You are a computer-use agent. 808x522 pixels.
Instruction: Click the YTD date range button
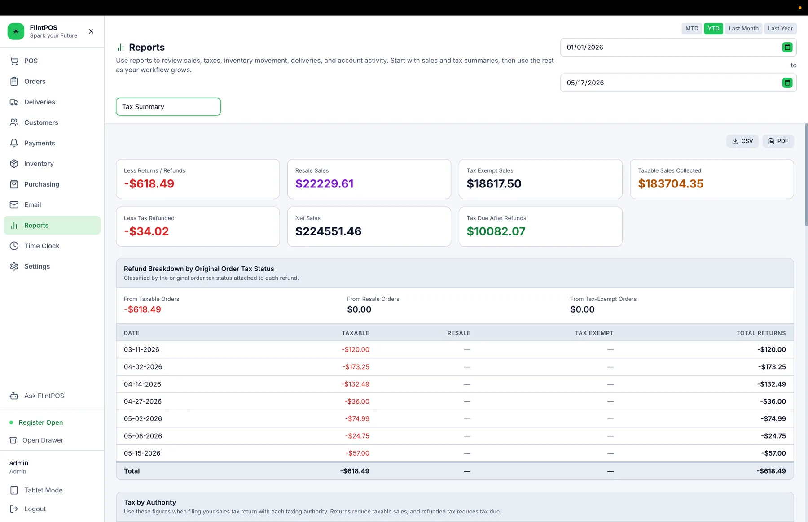coord(713,28)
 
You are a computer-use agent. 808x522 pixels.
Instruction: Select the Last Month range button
coord(743,28)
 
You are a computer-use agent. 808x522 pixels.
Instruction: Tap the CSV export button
coord(742,141)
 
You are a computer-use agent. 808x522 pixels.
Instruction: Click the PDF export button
coord(778,141)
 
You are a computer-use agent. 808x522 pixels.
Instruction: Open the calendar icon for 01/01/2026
coord(787,47)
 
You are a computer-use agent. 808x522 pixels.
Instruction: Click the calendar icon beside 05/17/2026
coord(787,83)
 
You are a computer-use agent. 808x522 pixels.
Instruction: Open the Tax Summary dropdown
coord(168,107)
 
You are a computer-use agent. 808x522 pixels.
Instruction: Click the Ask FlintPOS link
coord(44,396)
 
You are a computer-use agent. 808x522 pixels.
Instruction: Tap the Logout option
coord(35,509)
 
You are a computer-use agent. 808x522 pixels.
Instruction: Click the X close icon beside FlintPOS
coord(91,31)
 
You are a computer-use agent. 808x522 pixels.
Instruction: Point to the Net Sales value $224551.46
coord(328,231)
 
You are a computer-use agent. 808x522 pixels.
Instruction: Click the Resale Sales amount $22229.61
coord(324,184)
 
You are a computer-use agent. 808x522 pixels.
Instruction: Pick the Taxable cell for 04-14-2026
coord(355,384)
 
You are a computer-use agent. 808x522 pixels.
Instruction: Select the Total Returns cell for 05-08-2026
coord(773,436)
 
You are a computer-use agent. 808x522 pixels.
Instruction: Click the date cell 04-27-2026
coord(143,401)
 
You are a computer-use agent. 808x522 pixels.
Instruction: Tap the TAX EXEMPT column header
coord(594,333)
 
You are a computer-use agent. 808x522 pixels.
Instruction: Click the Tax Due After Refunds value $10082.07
coord(496,231)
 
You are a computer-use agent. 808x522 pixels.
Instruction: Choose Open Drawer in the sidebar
coord(43,440)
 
